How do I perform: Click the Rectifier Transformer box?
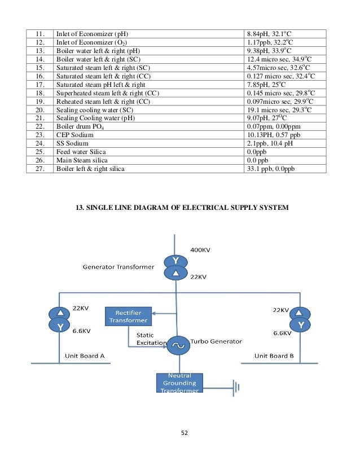tap(128, 316)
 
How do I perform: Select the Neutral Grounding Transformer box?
tap(179, 383)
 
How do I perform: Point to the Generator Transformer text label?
tap(118, 266)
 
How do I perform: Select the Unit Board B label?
tap(274, 355)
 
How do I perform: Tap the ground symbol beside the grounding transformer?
tap(236, 387)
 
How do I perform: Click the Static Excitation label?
tap(152, 338)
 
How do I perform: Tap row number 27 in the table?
tap(38, 169)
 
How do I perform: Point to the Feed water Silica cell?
tap(81, 152)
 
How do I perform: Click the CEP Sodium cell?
tap(76, 135)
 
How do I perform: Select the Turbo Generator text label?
tap(216, 341)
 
